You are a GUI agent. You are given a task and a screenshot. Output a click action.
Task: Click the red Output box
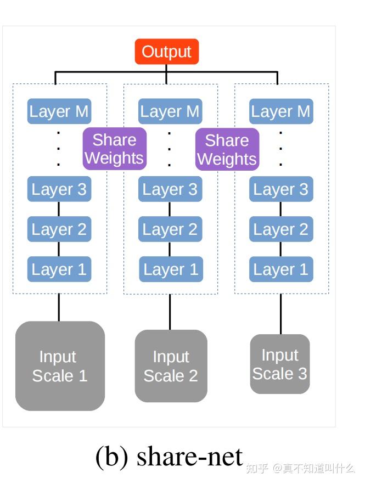coord(166,52)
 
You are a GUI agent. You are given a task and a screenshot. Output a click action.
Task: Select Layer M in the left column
coord(59,111)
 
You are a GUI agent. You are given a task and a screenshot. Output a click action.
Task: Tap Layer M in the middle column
coord(170,111)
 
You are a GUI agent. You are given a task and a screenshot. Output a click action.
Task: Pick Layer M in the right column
coord(280,111)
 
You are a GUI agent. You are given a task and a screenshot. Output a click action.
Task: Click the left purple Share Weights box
coord(114,149)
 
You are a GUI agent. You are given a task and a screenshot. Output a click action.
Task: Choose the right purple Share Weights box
coord(227,149)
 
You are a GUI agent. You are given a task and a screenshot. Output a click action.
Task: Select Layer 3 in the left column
coord(59,189)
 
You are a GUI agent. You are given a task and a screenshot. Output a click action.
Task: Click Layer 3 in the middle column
coord(170,189)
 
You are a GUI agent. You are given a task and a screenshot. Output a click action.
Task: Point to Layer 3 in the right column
coord(280,189)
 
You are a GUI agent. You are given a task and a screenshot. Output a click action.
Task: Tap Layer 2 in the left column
coord(59,229)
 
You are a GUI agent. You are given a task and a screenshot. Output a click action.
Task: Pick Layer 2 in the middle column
coord(170,229)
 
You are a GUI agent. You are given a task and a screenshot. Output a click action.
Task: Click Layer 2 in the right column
coord(280,229)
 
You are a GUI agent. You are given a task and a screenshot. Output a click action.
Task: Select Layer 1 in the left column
coord(59,269)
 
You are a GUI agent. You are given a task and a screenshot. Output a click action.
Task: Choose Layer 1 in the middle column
coord(170,269)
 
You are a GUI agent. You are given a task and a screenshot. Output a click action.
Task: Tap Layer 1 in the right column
coord(280,269)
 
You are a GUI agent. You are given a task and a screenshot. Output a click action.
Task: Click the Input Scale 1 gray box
coord(60,366)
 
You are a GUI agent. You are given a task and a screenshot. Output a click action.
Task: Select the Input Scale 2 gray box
coord(171,366)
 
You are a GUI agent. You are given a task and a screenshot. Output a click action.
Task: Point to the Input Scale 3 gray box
coord(280,364)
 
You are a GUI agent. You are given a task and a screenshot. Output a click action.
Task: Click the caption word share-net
coord(189,457)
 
